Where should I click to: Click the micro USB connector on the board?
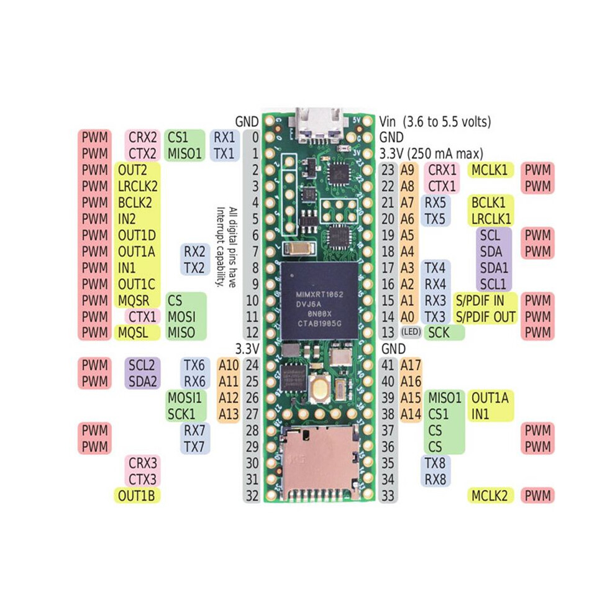tap(319, 124)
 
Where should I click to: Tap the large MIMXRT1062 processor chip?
tap(319, 301)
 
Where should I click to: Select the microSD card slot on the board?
tap(319, 463)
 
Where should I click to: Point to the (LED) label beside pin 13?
tap(411, 332)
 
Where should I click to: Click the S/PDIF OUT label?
tap(486, 317)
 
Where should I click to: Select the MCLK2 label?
tap(490, 495)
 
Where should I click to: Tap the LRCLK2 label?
tap(138, 186)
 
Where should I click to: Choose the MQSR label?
tap(134, 301)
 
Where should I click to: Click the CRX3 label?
tap(143, 463)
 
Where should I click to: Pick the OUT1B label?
tap(137, 495)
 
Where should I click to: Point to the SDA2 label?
tap(143, 381)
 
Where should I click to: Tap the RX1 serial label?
tap(224, 137)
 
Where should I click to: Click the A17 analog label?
tap(411, 365)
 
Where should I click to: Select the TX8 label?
tap(435, 463)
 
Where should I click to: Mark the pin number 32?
tap(253, 495)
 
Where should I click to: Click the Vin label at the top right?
tap(388, 122)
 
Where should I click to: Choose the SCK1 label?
tap(181, 414)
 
